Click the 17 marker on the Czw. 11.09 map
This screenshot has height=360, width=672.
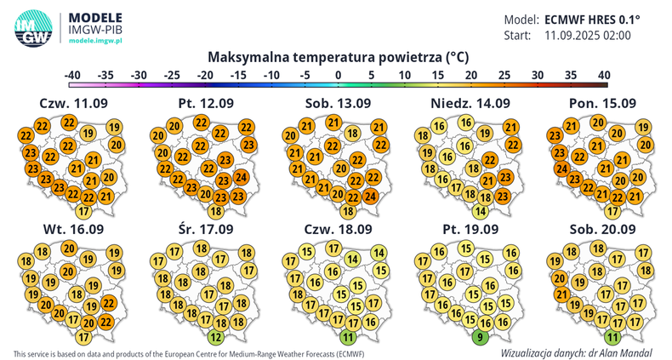(84, 211)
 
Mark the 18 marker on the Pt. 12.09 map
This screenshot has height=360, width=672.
(216, 211)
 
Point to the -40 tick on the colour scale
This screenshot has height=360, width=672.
(73, 75)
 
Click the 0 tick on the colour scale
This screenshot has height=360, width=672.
(339, 75)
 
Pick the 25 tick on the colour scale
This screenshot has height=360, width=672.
(504, 75)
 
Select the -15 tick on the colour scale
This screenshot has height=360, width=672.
(239, 75)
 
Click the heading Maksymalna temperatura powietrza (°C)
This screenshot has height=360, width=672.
(339, 57)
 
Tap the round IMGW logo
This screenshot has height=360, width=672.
(32, 27)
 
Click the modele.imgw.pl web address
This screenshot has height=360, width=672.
(96, 41)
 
